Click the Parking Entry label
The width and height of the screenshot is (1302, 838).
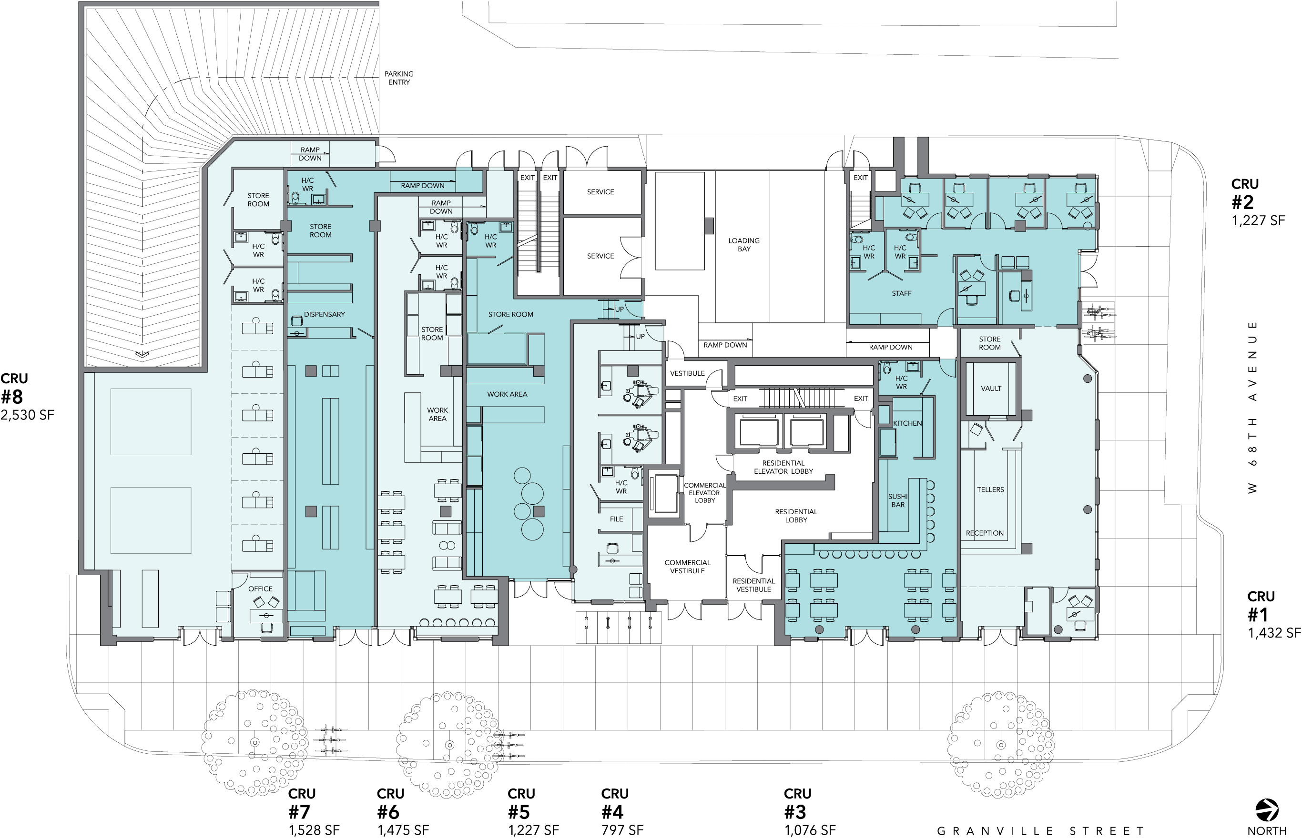pyautogui.click(x=398, y=78)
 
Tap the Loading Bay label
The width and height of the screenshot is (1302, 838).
pyautogui.click(x=744, y=245)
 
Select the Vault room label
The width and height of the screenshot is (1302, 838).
pyautogui.click(x=991, y=389)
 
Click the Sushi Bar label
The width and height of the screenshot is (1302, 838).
pyautogui.click(x=898, y=500)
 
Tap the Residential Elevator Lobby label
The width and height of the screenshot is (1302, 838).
pyautogui.click(x=783, y=468)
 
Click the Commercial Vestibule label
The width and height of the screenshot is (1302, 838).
pyautogui.click(x=687, y=567)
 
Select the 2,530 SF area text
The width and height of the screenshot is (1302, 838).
pyautogui.click(x=27, y=415)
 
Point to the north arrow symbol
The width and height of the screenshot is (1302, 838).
pyautogui.click(x=1267, y=810)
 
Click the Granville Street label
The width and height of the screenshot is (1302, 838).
pyautogui.click(x=1040, y=831)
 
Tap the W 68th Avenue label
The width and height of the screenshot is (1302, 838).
pyautogui.click(x=1252, y=408)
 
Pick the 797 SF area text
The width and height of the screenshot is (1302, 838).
pyautogui.click(x=622, y=830)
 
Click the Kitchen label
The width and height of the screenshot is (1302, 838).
pyautogui.click(x=907, y=423)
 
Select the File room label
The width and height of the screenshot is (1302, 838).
pyautogui.click(x=616, y=519)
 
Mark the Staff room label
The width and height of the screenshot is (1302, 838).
pyautogui.click(x=902, y=293)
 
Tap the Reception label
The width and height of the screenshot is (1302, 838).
pyautogui.click(x=985, y=533)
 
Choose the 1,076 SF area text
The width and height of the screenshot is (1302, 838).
pyautogui.click(x=810, y=830)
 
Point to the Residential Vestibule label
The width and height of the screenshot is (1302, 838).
pyautogui.click(x=753, y=585)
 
